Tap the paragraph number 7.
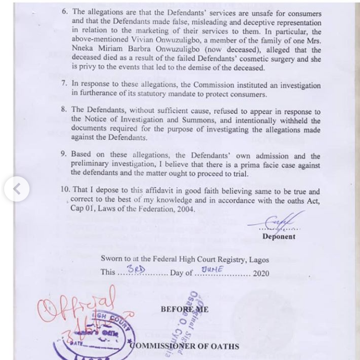coord(64,83)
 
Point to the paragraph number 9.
coord(64,155)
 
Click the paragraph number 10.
coord(65,192)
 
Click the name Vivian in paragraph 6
coord(137,39)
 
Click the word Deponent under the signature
coord(278,236)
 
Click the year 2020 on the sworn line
coord(262,273)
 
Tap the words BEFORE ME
coord(185,309)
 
